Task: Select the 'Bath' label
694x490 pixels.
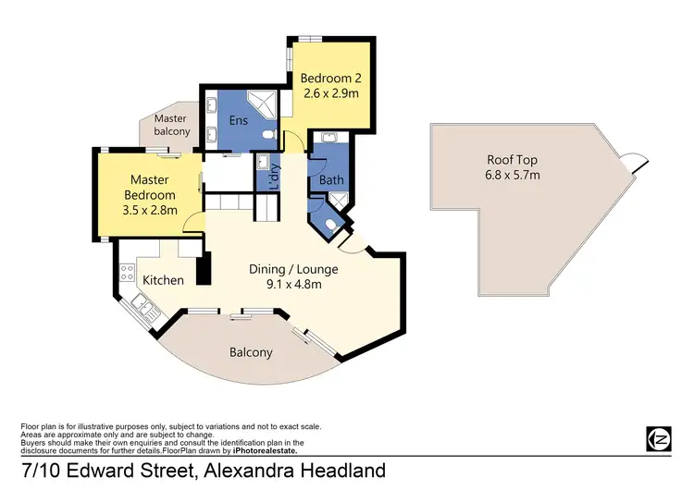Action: [x=330, y=180]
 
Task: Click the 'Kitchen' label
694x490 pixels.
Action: [x=163, y=280]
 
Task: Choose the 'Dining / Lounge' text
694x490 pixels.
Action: [x=293, y=269]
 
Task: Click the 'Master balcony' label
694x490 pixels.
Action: [x=172, y=125]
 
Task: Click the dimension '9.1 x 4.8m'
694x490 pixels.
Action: [x=293, y=285]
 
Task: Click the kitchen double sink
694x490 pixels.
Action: [x=141, y=305]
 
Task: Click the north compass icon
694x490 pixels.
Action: [x=657, y=437]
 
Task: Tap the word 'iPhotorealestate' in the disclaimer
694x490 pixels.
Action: [x=263, y=450]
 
